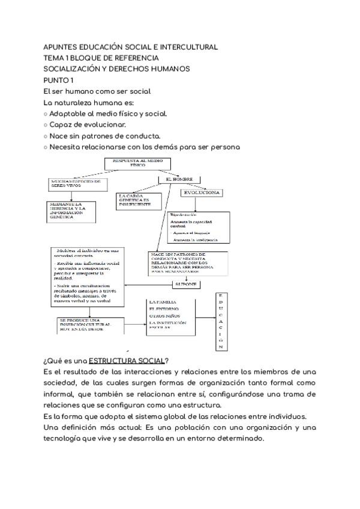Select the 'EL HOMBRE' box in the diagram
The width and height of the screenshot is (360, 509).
[x=178, y=179]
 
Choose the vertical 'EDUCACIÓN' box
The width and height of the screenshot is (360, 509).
[x=220, y=322]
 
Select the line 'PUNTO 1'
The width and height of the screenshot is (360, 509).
[x=59, y=80]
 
